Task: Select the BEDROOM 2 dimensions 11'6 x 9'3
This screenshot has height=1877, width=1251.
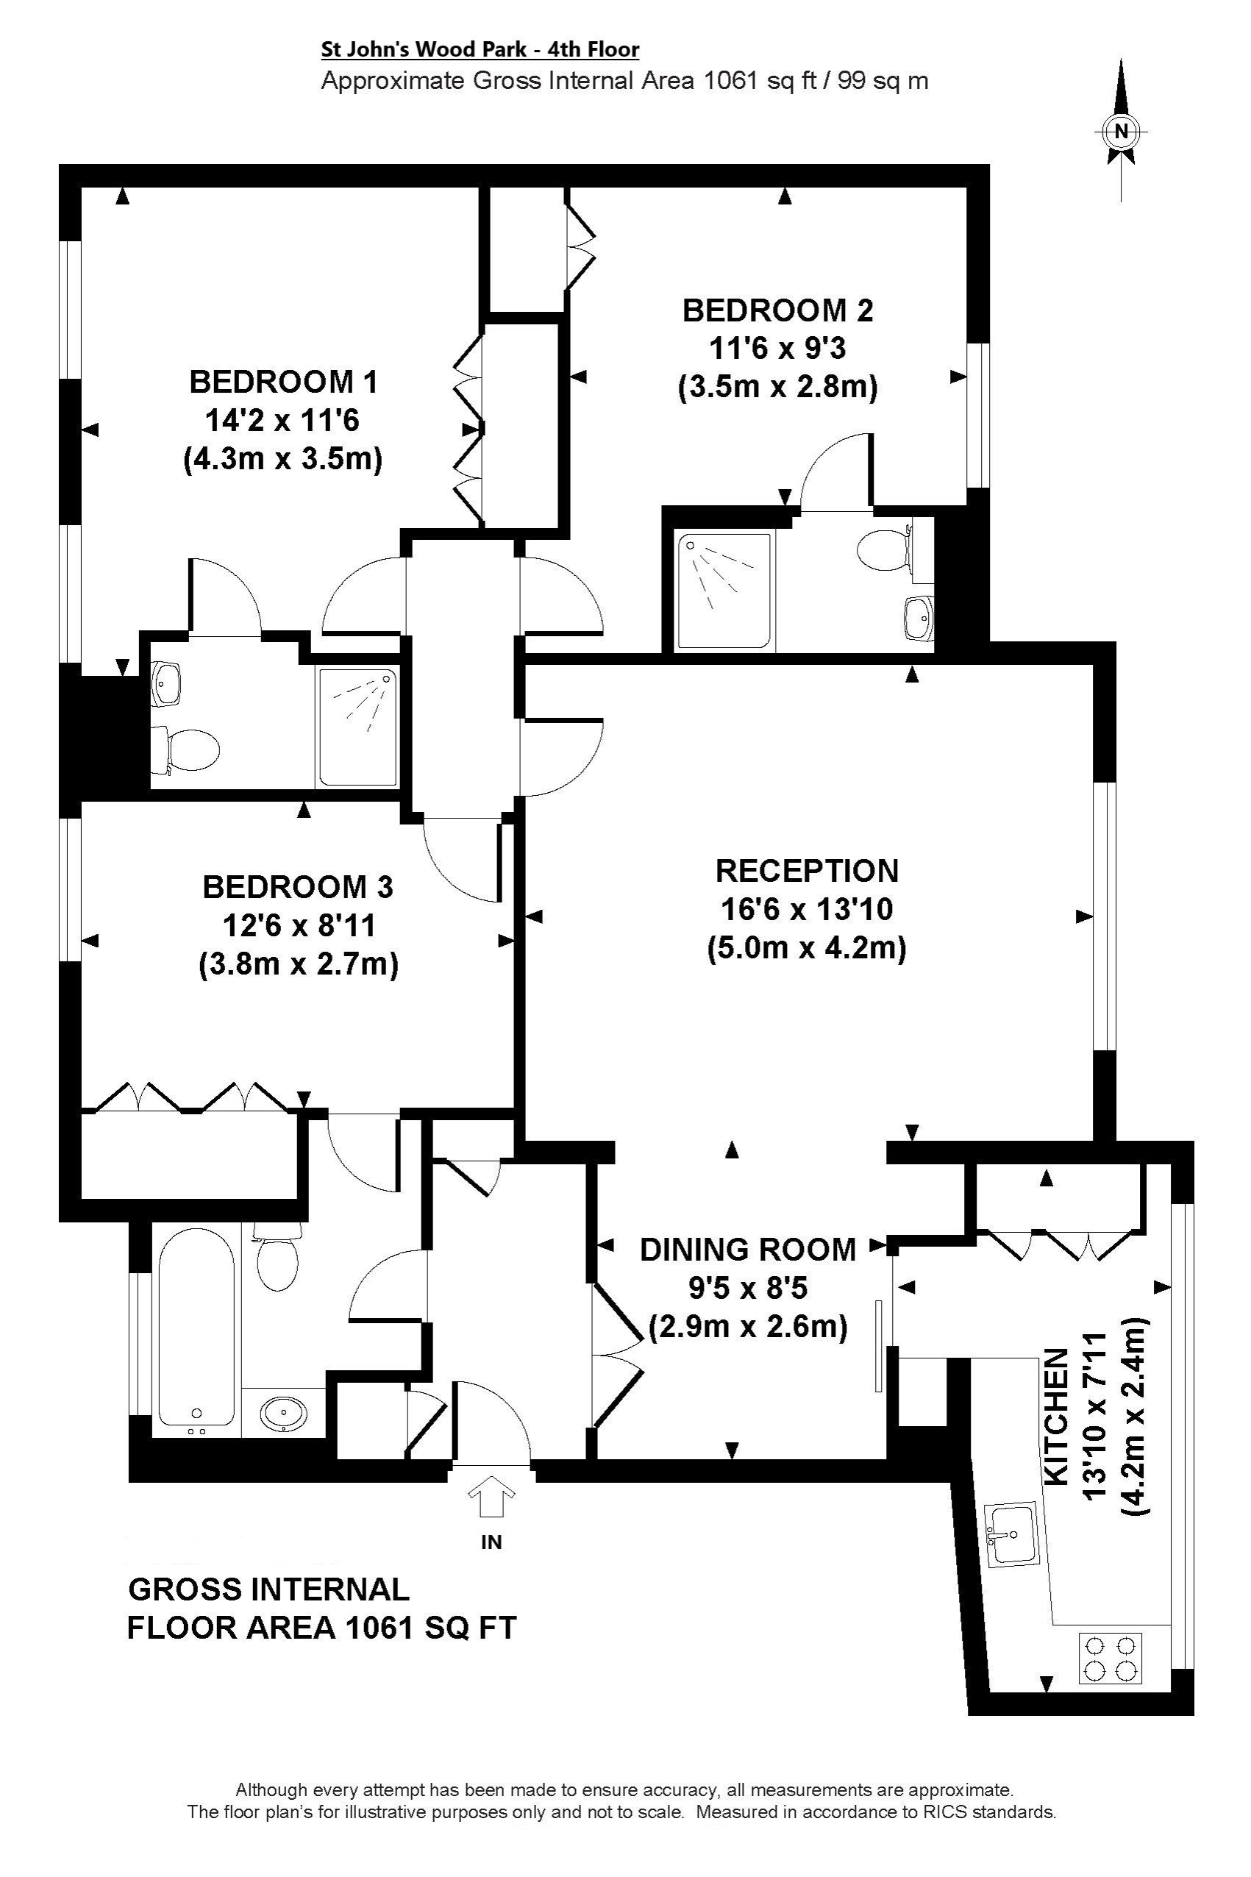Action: pyautogui.click(x=778, y=349)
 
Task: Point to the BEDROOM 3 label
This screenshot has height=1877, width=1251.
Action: pyautogui.click(x=299, y=887)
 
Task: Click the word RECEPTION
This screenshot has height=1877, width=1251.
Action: pyautogui.click(x=807, y=870)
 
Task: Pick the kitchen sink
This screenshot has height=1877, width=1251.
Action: pyautogui.click(x=1013, y=1534)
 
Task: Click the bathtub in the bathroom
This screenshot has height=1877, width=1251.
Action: pyautogui.click(x=196, y=1331)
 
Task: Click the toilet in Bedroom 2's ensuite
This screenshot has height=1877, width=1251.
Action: pyautogui.click(x=884, y=549)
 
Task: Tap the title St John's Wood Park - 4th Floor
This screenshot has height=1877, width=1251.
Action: pyautogui.click(x=480, y=49)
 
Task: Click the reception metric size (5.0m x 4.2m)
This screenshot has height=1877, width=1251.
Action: pyautogui.click(x=807, y=950)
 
